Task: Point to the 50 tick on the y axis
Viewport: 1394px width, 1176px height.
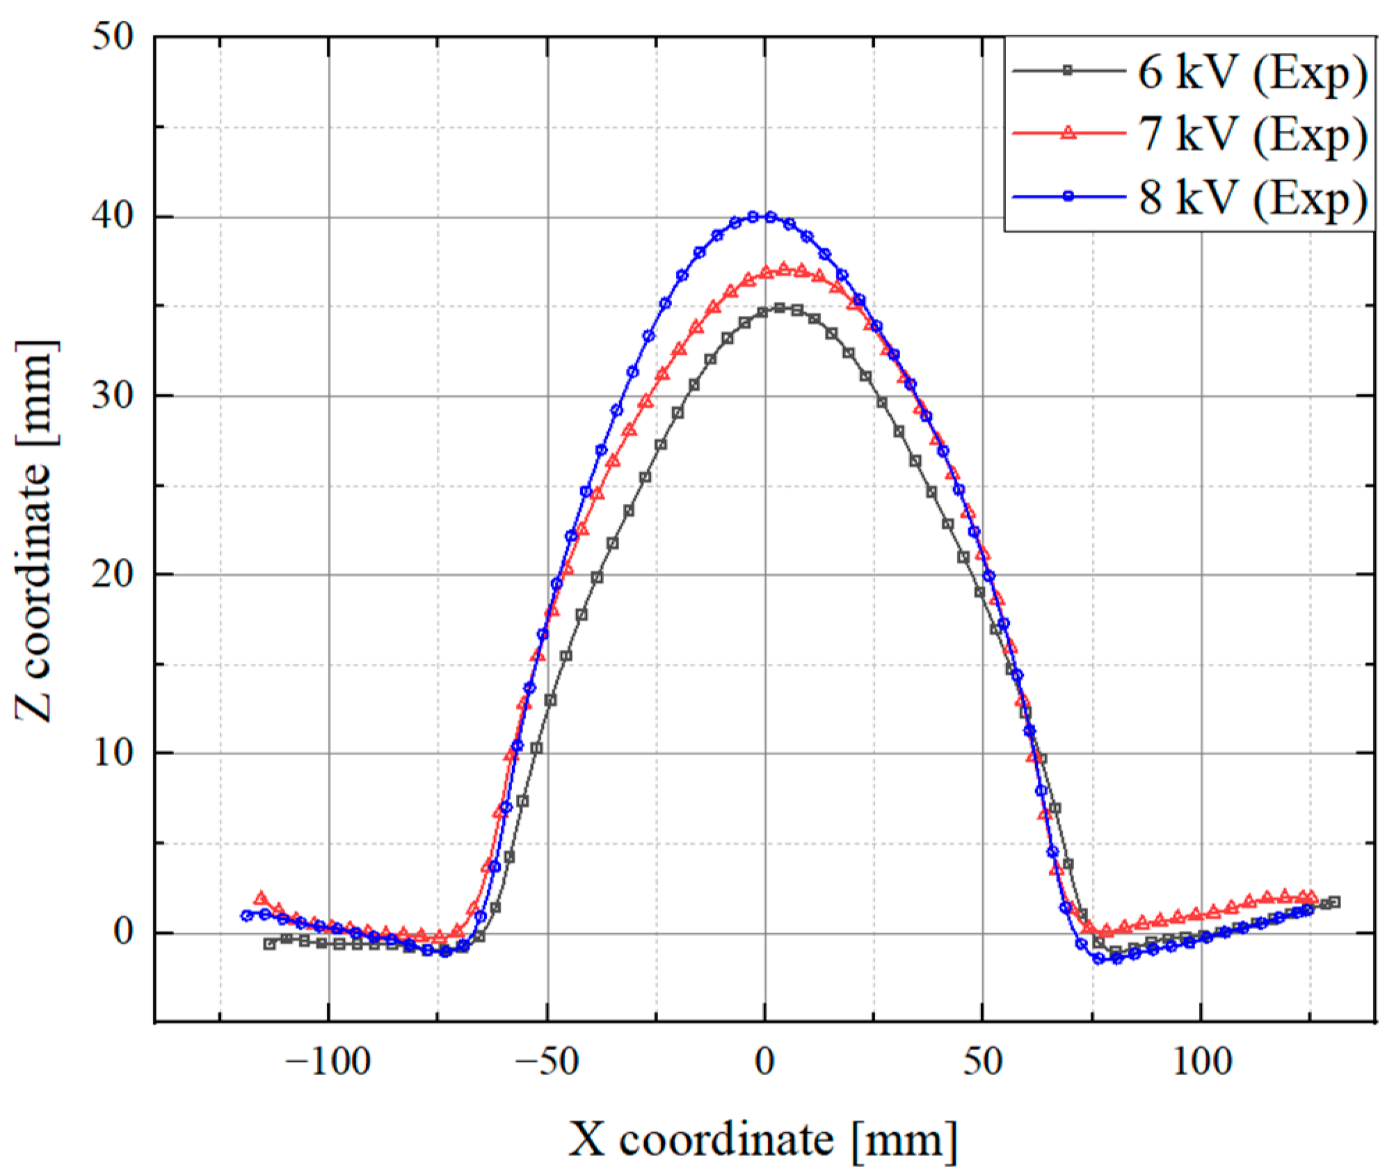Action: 113,38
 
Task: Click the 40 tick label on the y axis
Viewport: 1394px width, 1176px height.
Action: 113,217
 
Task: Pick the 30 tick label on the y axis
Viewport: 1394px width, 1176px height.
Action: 113,396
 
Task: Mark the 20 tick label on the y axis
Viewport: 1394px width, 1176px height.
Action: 113,575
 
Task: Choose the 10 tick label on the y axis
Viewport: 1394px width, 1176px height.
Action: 113,754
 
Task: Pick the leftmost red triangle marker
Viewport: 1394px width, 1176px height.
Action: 261,898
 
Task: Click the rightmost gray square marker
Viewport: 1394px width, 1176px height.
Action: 1333,902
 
